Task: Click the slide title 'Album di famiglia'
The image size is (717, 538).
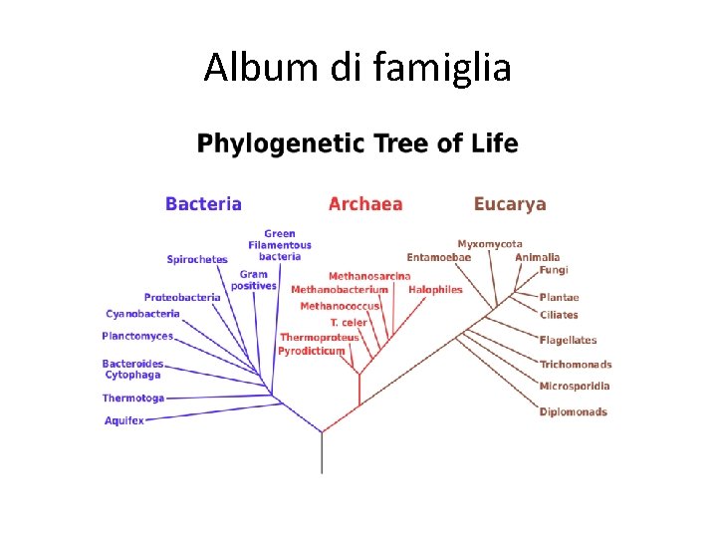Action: point(358,68)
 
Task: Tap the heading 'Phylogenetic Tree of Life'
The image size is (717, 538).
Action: point(358,144)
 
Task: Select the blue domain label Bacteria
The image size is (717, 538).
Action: point(203,204)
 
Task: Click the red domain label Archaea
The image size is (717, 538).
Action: point(365,204)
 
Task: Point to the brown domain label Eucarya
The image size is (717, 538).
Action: point(510,204)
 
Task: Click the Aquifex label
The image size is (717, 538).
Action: point(124,421)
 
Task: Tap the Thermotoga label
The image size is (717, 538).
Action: point(133,399)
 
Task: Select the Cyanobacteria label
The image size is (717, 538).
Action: point(143,314)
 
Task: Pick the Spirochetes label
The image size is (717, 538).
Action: point(197,260)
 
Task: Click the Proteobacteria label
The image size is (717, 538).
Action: point(182,297)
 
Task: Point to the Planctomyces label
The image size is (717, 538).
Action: point(137,337)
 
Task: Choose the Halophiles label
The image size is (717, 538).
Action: point(435,290)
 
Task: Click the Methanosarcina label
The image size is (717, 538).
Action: point(369,276)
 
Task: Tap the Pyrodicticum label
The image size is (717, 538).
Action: point(312,352)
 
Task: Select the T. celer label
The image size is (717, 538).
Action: point(349,323)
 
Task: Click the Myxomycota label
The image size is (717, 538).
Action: point(490,244)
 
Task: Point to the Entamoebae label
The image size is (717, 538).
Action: point(438,257)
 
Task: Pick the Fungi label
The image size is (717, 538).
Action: point(554,270)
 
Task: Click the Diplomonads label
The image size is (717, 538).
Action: point(574,412)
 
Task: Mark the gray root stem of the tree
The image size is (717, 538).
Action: point(322,453)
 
